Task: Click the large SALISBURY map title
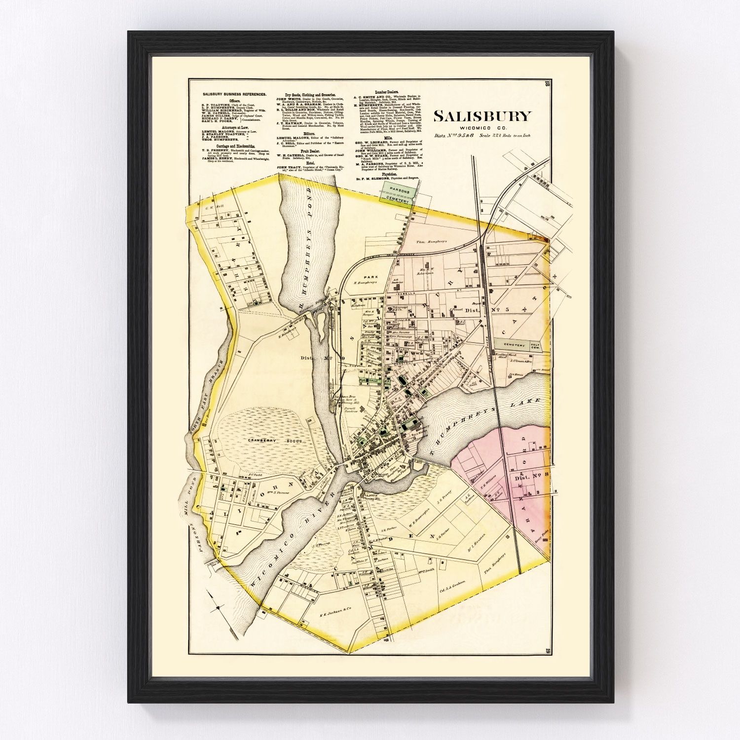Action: [482, 116]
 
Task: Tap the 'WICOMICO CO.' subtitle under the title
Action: [482, 128]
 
